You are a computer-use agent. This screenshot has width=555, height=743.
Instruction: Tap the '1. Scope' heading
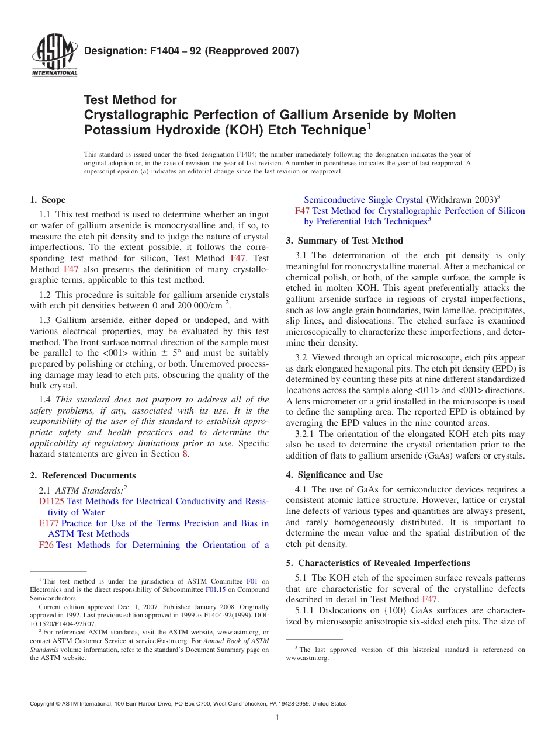pyautogui.click(x=48, y=200)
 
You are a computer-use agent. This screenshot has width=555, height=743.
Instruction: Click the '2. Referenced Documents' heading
pyautogui.click(x=83, y=475)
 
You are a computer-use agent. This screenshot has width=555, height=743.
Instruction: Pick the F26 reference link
pyautogui.click(x=46, y=545)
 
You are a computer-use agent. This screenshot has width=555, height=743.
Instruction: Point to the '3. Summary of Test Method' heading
pyautogui.click(x=345, y=241)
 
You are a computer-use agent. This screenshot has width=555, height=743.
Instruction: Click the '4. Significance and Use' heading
pyautogui.click(x=334, y=475)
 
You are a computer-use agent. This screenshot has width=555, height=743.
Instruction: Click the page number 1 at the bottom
pyautogui.click(x=277, y=717)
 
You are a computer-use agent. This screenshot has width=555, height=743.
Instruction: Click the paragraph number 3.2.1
pyautogui.click(x=306, y=434)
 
